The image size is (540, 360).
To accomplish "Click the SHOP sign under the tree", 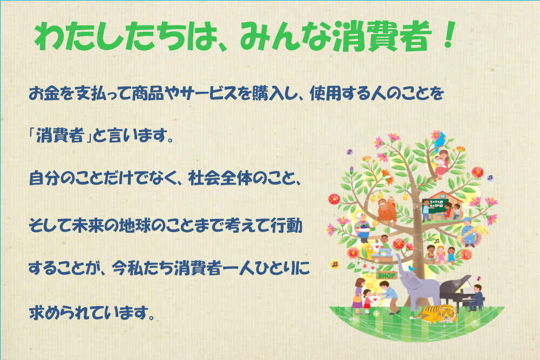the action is (387, 275).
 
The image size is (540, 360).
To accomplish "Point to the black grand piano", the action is (455, 292).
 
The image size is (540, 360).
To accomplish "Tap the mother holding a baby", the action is (441, 164).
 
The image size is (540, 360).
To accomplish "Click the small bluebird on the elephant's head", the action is (411, 268).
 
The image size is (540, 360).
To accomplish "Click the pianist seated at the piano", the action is (477, 297).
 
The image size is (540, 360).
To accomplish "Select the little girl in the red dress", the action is (367, 301).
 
